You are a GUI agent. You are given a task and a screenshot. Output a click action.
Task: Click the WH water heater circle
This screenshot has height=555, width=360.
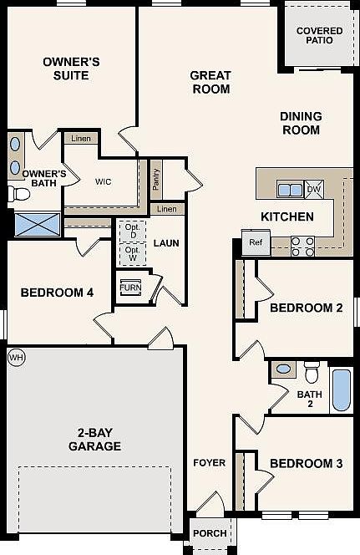[x=15, y=357]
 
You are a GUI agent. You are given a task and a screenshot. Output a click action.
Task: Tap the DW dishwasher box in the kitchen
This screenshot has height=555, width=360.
[x=314, y=190]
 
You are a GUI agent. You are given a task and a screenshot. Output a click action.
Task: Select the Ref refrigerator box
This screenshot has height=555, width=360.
[x=254, y=244]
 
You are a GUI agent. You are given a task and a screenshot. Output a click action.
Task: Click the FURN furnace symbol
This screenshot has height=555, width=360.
[x=130, y=287]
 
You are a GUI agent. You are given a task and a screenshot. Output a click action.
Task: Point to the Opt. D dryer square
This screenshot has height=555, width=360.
[x=132, y=231]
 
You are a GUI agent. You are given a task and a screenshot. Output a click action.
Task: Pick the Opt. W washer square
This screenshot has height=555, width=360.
[x=132, y=252]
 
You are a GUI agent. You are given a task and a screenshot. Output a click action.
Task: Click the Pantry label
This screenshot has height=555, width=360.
[x=156, y=178]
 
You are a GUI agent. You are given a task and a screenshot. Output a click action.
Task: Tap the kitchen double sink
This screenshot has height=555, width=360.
[x=290, y=190]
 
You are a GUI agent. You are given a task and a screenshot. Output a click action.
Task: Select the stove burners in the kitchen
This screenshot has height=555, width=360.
[x=302, y=245]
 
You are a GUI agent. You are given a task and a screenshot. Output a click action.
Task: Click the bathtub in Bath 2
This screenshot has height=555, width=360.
[x=342, y=389]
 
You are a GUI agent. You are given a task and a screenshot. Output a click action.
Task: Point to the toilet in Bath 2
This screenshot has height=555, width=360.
[x=312, y=369]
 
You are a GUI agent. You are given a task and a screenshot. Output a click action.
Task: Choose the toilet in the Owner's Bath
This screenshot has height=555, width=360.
[x=18, y=195]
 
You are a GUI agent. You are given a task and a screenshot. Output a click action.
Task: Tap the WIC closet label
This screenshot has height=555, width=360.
[x=104, y=181]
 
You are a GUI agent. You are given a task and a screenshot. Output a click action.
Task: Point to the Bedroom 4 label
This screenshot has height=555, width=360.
[x=57, y=293]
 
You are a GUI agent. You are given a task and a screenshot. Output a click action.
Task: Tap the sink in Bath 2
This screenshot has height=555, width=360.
[x=283, y=369]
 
